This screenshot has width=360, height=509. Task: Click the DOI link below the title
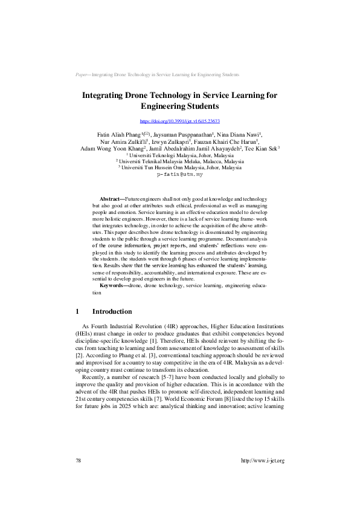pyautogui.click(x=179, y=122)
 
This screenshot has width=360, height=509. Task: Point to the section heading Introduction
pyautogui.click(x=112, y=312)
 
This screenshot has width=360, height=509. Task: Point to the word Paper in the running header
pyautogui.click(x=82, y=74)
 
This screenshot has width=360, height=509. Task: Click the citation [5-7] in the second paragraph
pyautogui.click(x=149, y=377)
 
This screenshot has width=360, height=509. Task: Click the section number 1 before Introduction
pyautogui.click(x=77, y=312)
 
